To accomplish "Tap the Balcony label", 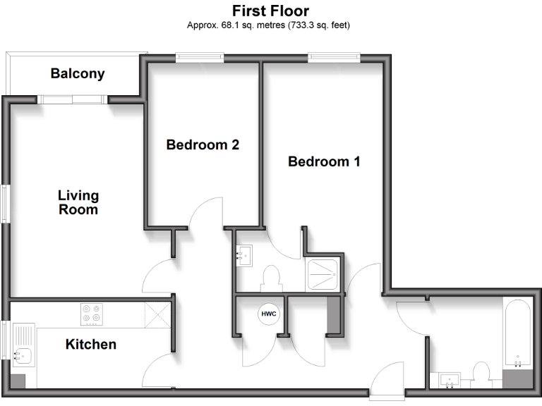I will click(78, 73).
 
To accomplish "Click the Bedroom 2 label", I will click(203, 145).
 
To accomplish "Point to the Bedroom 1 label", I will click(324, 161).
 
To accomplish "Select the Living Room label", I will click(78, 202).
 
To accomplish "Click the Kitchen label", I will click(90, 345).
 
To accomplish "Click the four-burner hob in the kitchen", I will click(90, 313).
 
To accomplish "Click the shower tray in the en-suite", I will click(324, 272).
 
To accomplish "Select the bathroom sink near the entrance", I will click(450, 381).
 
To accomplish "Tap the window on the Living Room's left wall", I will click(5, 204).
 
